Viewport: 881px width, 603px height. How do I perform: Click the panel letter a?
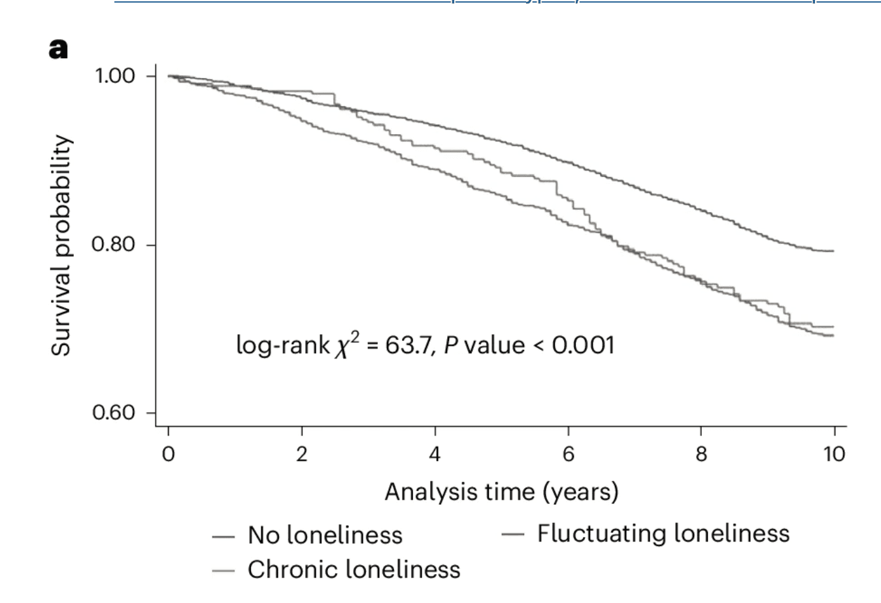coord(58,48)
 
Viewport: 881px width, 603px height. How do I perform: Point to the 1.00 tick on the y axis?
coord(115,76)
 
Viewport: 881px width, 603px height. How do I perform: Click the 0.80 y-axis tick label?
coord(113,245)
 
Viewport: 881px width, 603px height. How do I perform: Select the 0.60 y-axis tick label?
coord(113,413)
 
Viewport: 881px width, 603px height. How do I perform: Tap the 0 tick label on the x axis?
coord(169,453)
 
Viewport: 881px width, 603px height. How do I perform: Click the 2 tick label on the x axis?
coord(301,453)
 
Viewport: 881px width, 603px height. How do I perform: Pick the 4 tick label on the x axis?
coord(435,453)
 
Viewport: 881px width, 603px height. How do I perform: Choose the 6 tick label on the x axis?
coord(568,453)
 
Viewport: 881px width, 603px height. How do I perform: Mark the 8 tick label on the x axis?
coord(701,453)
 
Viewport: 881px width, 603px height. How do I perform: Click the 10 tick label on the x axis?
coord(834,453)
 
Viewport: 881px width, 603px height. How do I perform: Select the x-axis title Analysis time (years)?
coord(501,491)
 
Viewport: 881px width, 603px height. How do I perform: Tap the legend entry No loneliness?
coord(325,535)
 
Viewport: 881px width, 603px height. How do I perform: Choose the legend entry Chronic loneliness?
coord(354,570)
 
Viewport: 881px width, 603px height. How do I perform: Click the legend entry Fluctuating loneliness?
coord(663,533)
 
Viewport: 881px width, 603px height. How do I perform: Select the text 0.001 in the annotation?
coord(583,344)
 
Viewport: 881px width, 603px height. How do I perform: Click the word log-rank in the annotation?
coord(282,345)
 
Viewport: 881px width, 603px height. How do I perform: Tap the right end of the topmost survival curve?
coord(833,250)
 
